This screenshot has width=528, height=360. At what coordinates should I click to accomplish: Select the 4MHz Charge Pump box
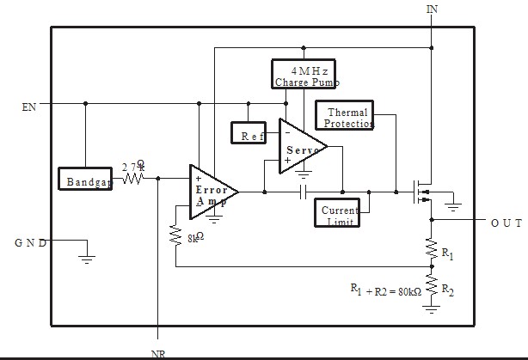point(305,74)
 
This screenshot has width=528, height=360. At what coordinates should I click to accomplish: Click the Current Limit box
point(339,215)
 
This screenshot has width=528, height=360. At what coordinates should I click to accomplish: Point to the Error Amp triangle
point(211,191)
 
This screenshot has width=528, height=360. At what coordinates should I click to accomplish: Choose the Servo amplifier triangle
point(303,146)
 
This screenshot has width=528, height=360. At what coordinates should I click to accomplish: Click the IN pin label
point(432,9)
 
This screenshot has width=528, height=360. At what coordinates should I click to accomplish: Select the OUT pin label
point(507,222)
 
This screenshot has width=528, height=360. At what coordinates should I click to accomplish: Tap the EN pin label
point(30,108)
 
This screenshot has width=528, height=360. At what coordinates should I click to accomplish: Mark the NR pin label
point(158,352)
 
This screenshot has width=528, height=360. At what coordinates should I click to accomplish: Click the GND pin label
point(30,242)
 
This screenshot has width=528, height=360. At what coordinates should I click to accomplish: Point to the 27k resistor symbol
point(133,179)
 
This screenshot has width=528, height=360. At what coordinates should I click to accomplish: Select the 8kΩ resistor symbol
point(175,234)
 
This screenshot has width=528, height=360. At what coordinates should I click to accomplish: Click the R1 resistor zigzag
point(431,250)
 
